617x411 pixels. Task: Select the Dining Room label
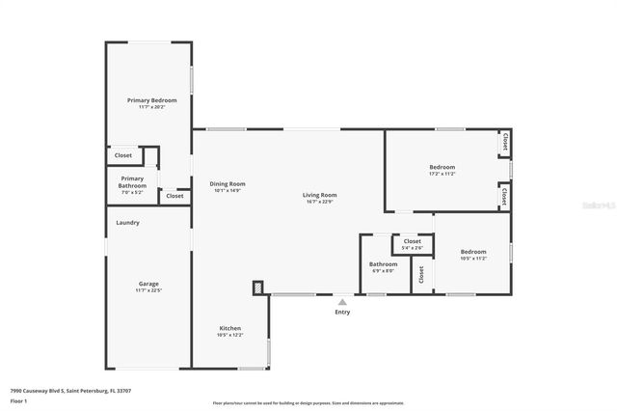tap(228, 184)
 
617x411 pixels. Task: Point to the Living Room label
tap(321, 195)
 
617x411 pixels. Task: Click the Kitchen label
tap(229, 329)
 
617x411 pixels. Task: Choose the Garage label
tap(148, 284)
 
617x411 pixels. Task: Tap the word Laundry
tap(128, 223)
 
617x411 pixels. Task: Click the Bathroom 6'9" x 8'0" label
tap(383, 264)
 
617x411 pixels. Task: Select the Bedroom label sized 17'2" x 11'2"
tap(442, 168)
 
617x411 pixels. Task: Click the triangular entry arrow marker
tap(342, 302)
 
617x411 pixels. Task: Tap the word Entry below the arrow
tap(342, 312)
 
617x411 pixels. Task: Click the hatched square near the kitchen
tap(257, 287)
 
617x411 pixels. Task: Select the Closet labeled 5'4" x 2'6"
tap(412, 242)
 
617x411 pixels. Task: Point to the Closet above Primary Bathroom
tap(123, 155)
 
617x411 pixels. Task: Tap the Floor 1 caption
tap(18, 399)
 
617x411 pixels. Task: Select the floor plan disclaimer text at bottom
tap(308, 403)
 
